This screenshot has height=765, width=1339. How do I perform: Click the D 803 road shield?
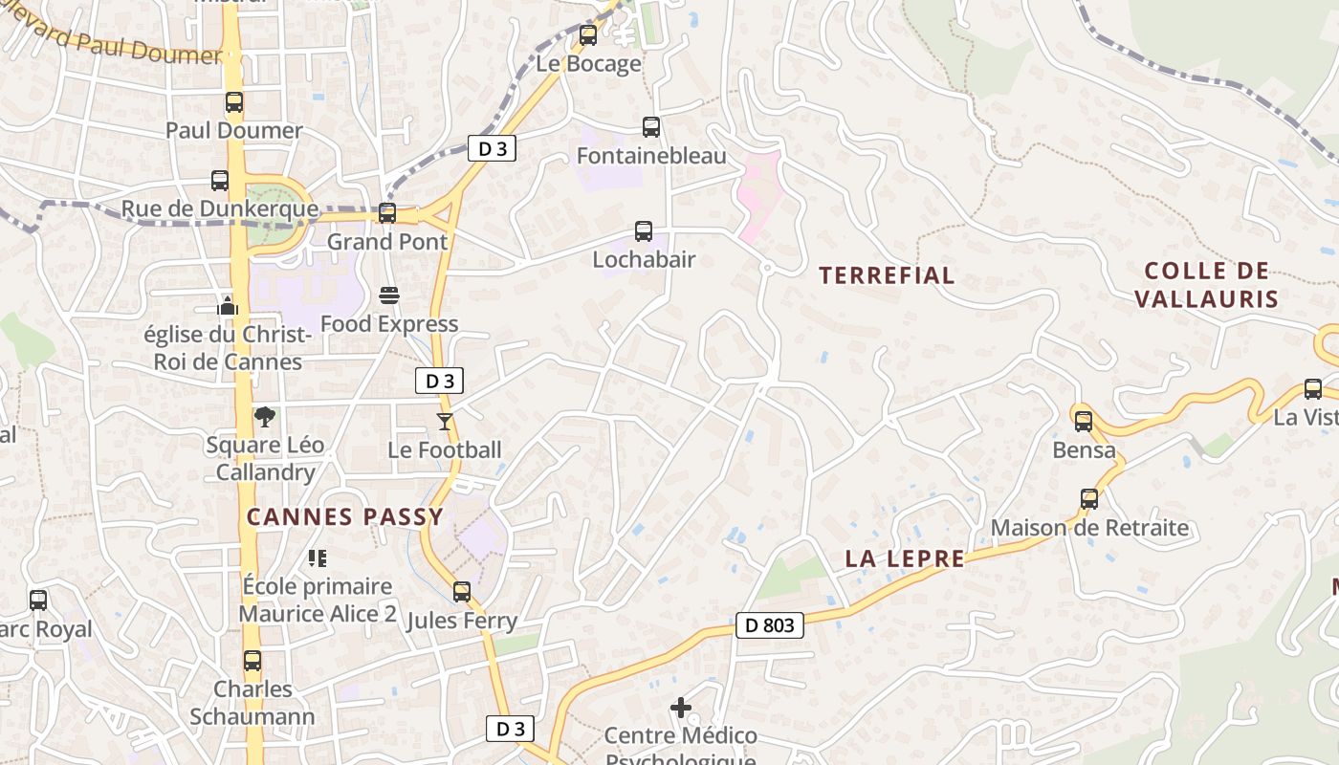[x=769, y=625]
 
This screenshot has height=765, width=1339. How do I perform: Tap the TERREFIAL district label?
[x=887, y=275]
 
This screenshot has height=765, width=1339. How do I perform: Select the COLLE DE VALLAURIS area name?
[x=1206, y=284]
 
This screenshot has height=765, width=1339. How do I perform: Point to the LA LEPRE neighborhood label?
[x=905, y=558]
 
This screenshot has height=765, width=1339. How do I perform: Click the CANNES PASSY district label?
[x=345, y=517]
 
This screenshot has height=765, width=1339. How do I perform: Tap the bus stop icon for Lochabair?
[x=644, y=231]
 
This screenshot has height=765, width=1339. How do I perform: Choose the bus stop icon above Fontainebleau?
[x=651, y=127]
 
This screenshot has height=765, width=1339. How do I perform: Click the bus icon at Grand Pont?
[x=387, y=213]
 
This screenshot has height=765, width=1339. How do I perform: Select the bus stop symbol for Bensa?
[x=1084, y=421]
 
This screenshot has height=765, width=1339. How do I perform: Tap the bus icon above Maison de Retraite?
[x=1089, y=499]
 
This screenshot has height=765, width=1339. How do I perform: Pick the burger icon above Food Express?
[x=388, y=295]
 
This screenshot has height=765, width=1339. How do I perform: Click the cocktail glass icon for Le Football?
[x=445, y=421]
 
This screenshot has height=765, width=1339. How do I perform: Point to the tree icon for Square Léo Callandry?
[x=265, y=417]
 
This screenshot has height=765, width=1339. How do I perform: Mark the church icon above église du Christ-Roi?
[x=228, y=306]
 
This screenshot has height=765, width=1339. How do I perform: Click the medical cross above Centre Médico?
[x=681, y=708]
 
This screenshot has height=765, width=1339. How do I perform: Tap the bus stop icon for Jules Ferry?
[x=462, y=592]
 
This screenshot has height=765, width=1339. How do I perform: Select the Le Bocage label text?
[x=588, y=64]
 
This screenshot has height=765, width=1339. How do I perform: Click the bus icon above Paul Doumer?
[x=234, y=102]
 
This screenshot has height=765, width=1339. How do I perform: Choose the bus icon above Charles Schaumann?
[x=252, y=661]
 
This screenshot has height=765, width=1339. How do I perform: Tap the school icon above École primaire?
[x=318, y=557]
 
